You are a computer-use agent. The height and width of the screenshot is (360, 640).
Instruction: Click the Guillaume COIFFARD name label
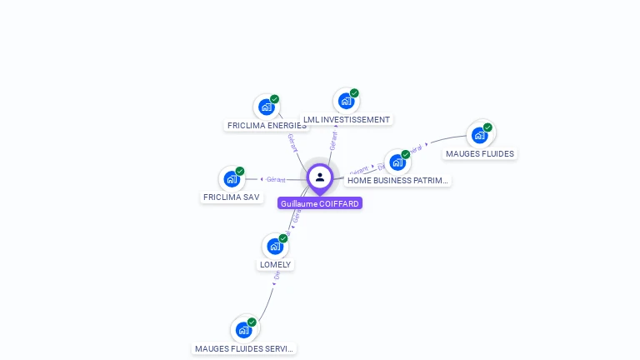320,203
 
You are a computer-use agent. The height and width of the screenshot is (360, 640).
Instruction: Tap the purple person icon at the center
320,177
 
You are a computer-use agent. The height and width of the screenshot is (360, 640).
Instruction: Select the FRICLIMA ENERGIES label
267,126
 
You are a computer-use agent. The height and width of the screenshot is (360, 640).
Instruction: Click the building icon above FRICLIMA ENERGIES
267,107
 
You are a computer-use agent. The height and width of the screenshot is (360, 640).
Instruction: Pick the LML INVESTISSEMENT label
347,119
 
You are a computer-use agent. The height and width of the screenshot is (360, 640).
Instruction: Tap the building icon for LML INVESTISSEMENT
346,101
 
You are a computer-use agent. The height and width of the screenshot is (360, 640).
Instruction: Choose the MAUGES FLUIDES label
480,153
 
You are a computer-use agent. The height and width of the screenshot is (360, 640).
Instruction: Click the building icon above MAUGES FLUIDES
479,135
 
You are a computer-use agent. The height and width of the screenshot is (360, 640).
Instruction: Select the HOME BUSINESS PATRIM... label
397,180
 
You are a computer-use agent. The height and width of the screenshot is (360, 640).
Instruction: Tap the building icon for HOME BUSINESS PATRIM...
397,162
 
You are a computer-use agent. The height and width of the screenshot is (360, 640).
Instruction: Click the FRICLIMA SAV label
231,197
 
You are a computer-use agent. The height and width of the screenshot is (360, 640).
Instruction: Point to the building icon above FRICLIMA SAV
232,178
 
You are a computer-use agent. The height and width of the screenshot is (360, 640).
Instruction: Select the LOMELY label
275,265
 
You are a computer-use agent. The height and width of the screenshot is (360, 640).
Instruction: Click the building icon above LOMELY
275,246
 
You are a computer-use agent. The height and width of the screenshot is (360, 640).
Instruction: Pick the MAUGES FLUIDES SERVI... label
244,349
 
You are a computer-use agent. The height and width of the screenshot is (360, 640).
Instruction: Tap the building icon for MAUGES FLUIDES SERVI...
243,330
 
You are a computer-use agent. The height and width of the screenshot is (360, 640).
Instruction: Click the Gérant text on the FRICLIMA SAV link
276,179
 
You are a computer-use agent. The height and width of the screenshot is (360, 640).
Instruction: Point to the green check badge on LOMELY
283,238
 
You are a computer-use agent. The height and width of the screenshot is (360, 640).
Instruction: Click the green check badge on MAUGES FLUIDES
487,127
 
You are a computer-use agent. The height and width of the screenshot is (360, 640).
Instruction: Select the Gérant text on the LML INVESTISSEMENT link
333,141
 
